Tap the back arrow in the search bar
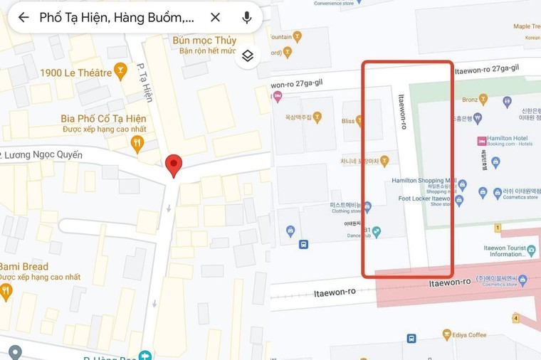pyautogui.click(x=23, y=17)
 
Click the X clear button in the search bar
pyautogui.click(x=215, y=17)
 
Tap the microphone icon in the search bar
pyautogui.click(x=247, y=17)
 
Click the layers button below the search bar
pyautogui.click(x=247, y=55)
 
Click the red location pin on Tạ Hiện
pyautogui.click(x=173, y=166)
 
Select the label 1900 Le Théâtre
pyautogui.click(x=76, y=72)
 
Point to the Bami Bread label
pyautogui.click(x=24, y=266)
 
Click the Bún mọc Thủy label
pyautogui.click(x=204, y=40)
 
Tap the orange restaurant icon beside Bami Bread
pyautogui.click(x=6, y=290)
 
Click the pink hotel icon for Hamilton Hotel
pyautogui.click(x=482, y=139)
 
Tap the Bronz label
pyautogui.click(x=470, y=100)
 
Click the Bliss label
pyautogui.click(x=348, y=122)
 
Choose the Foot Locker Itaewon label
pyautogui.click(x=425, y=198)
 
